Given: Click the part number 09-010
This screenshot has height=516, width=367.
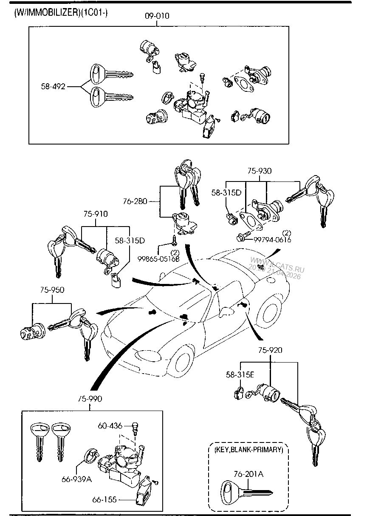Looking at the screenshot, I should coord(157,16).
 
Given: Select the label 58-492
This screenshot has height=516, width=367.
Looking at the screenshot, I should coord(53,87).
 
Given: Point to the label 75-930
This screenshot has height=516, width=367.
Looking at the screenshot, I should coord(260,171).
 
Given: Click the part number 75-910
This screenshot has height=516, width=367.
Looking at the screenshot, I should coord(96,214).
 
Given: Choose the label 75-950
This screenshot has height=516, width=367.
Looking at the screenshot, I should coord(52,290).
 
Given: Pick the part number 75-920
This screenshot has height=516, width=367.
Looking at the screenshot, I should coord(269,350).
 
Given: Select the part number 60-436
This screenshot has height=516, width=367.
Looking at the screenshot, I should coord(110,425).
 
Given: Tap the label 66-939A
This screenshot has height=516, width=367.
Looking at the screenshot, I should coord(76,479).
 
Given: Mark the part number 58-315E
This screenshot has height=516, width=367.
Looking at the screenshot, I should coord(240,375).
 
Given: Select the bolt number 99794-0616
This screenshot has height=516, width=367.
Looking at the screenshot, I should coord(272,240).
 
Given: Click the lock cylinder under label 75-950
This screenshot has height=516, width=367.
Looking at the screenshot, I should coord(31,332).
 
